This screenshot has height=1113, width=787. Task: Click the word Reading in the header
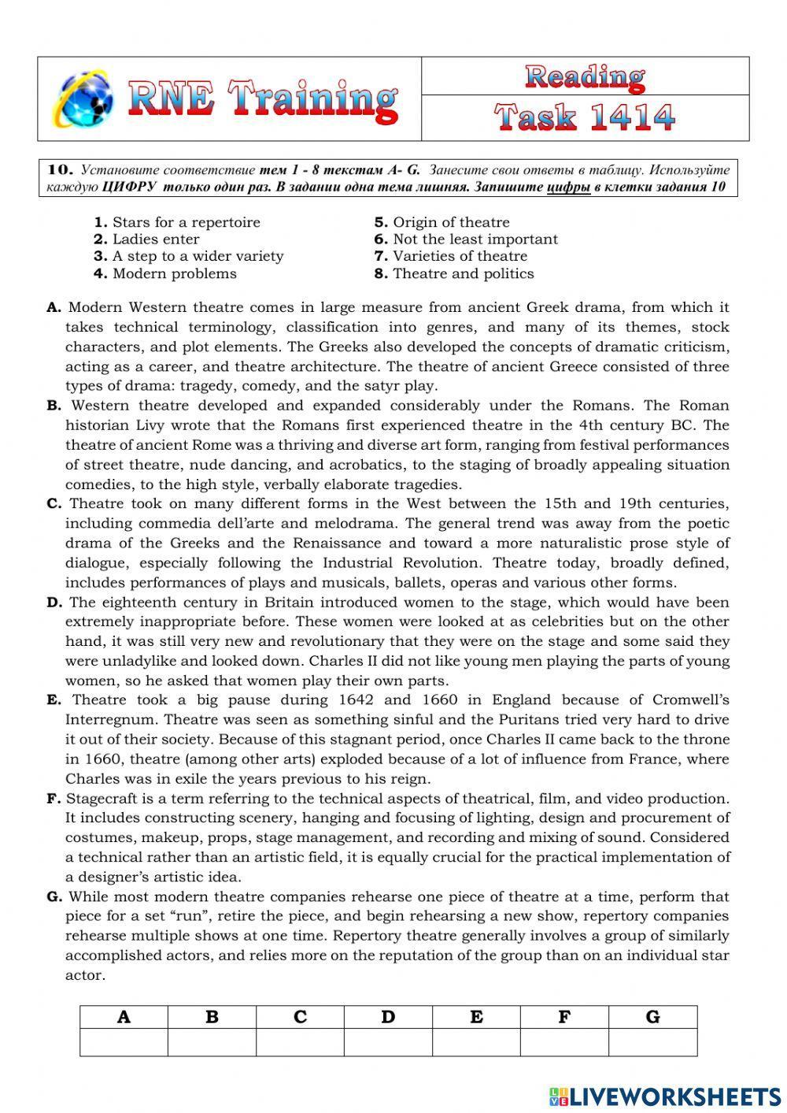[x=585, y=76]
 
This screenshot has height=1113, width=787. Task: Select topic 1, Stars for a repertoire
[x=177, y=222]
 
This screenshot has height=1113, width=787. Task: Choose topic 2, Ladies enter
[x=147, y=239]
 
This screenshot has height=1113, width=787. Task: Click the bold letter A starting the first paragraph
[x=54, y=308]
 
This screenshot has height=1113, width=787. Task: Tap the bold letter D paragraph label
[x=54, y=603]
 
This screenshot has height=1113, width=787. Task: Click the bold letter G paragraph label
[x=54, y=896]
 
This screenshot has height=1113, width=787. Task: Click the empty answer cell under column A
[x=124, y=1042]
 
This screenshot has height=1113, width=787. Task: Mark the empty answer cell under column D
[x=388, y=1042]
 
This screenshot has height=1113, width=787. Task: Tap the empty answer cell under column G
[x=652, y=1042]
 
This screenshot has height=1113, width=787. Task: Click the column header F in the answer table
[x=564, y=1017]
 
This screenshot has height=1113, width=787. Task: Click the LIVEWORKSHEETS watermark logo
[x=665, y=1096]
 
